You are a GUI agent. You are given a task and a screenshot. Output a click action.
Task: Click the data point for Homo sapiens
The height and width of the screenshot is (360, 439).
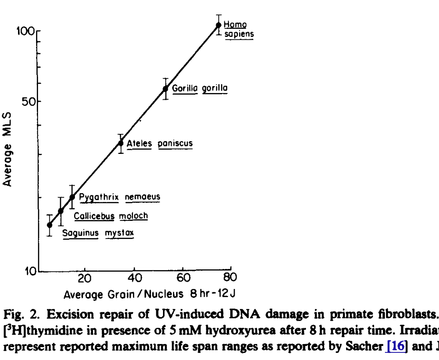click(219, 25)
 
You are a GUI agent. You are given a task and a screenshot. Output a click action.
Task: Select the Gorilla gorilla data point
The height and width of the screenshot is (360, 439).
click(165, 89)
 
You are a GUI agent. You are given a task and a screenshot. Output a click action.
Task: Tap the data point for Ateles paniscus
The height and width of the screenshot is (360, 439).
click(121, 143)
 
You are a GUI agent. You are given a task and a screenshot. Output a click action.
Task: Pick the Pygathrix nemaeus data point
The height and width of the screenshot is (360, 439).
click(72, 197)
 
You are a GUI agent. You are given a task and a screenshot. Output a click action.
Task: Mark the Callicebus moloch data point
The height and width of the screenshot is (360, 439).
click(61, 211)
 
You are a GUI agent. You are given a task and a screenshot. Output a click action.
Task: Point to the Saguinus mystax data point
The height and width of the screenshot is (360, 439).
click(49, 225)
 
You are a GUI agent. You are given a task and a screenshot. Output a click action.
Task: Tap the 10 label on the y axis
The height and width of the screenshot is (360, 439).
click(29, 271)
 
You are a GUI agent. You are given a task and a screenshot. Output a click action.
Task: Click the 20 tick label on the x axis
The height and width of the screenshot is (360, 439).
click(85, 279)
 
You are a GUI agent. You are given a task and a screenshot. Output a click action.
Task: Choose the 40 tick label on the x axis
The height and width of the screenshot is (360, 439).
click(135, 279)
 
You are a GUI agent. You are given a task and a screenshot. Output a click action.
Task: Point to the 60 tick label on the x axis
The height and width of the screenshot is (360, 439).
click(183, 279)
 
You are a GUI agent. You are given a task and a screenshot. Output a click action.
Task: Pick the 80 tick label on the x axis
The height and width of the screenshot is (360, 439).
click(231, 279)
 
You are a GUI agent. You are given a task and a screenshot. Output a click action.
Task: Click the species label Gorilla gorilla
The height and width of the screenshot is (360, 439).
click(200, 88)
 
